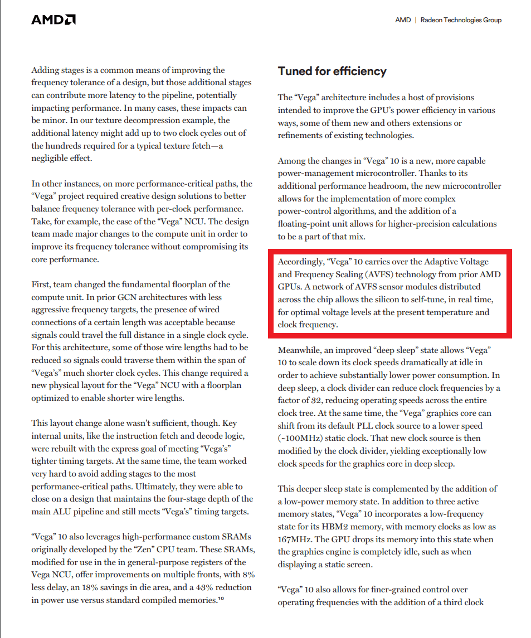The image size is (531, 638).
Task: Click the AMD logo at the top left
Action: click(53, 20)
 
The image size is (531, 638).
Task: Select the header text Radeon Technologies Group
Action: click(461, 20)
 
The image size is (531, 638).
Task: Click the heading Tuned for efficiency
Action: click(332, 71)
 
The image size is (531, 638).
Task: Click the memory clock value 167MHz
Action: click(295, 539)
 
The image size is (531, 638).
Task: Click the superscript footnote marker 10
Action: click(220, 598)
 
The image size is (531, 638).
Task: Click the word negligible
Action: click(55, 158)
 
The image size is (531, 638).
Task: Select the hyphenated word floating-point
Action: click(304, 224)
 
